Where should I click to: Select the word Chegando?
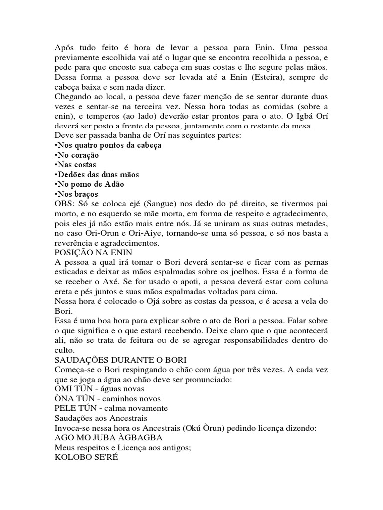[x=71, y=97]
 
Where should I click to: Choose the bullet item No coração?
[x=79, y=155]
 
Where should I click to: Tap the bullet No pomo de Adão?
[x=90, y=184]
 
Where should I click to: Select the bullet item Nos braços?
[x=77, y=194]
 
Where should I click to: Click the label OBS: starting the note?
[x=63, y=204]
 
